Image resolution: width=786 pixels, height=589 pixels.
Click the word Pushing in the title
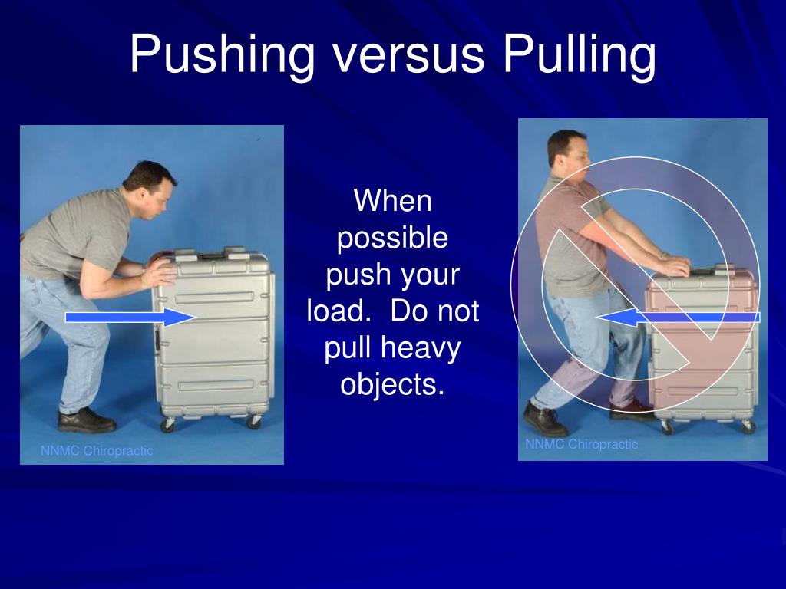click(x=223, y=55)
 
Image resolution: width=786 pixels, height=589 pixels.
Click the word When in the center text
click(x=393, y=202)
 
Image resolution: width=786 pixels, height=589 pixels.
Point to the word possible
click(x=393, y=239)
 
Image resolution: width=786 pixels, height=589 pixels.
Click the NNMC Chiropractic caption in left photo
click(x=97, y=451)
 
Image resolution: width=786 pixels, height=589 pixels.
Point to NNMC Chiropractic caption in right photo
click(x=581, y=444)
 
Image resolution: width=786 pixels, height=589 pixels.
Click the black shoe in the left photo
click(x=87, y=420)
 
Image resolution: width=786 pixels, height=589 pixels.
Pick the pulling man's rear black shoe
click(x=544, y=419)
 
